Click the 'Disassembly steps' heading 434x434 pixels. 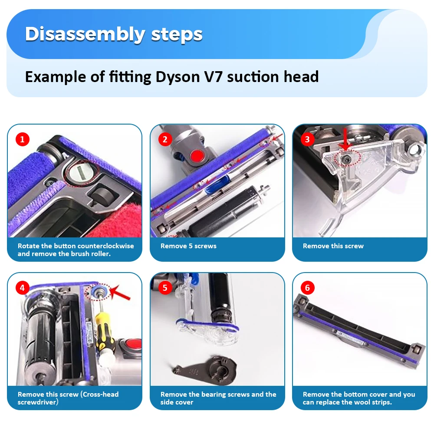pyautogui.click(x=114, y=34)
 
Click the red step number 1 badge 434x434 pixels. pyautogui.click(x=23, y=139)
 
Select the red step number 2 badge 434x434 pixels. pyautogui.click(x=165, y=139)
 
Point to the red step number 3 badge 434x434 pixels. pyautogui.click(x=307, y=139)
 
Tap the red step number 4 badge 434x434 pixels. pyautogui.click(x=23, y=288)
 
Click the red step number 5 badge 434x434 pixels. pyautogui.click(x=165, y=288)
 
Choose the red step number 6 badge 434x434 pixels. pyautogui.click(x=307, y=288)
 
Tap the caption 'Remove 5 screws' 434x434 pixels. pyautogui.click(x=188, y=246)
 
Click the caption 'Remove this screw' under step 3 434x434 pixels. pyautogui.click(x=333, y=246)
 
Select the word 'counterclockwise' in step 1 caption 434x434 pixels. pyautogui.click(x=106, y=246)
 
